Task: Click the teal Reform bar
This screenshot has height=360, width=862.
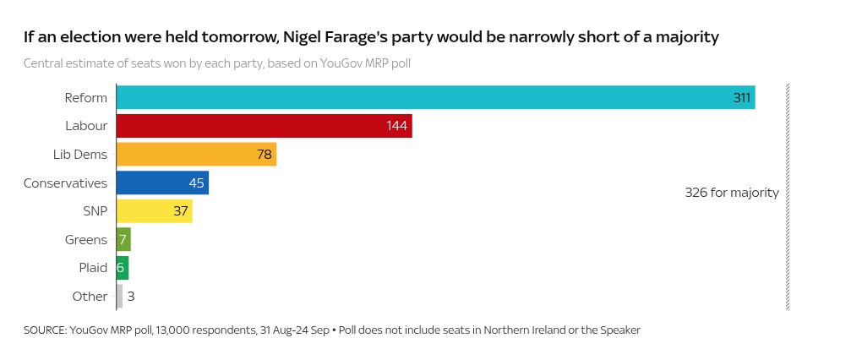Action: point(423,97)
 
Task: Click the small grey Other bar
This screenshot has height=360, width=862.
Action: point(119,296)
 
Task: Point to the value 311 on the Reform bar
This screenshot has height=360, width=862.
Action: point(741,98)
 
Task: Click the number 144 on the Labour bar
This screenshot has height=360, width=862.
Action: point(397,126)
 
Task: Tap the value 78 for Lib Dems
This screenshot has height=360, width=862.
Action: point(265,155)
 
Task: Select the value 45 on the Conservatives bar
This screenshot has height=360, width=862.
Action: point(196,183)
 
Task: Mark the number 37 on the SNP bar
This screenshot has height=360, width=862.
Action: point(180,211)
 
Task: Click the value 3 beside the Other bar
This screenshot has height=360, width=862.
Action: point(131,297)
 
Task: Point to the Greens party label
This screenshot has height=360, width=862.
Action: point(86,239)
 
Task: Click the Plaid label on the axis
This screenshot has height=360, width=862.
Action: point(93,268)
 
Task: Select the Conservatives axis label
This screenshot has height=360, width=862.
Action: point(65,183)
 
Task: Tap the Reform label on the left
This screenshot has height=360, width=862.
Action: point(86,97)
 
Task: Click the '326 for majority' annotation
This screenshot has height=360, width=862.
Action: point(731,193)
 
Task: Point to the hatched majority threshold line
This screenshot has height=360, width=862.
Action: point(788,254)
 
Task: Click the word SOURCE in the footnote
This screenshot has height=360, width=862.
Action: point(45,330)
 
